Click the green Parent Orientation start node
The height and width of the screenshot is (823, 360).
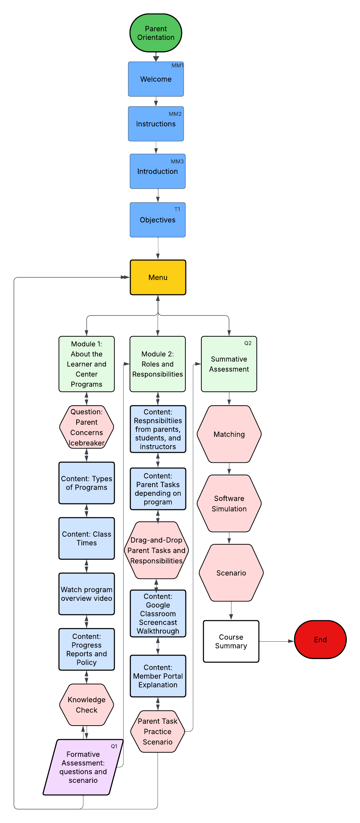pos(156,33)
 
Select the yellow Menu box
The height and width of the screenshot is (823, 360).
pos(158,277)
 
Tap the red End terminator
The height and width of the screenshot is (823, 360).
pos(320,640)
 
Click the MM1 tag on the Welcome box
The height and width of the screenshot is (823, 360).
pos(177,66)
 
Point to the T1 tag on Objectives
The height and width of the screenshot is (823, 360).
pos(177,209)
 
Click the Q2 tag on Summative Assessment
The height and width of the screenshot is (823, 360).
pos(248,343)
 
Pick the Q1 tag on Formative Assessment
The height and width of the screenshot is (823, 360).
pos(114,746)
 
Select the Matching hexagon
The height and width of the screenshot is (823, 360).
pos(229,434)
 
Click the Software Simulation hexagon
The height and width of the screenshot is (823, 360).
pos(229,503)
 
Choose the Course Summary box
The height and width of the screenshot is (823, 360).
pos(231,641)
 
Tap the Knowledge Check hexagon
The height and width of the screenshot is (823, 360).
pos(87,705)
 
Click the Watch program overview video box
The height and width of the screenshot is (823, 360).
pos(87,594)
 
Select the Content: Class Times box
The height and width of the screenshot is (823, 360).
pos(87,538)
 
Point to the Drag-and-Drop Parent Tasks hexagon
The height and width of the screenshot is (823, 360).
pos(156,550)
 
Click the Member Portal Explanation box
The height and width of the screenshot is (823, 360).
pos(158,676)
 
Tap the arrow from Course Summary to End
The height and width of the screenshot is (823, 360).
pos(276,641)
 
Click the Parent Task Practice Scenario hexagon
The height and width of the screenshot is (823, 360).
pos(158,731)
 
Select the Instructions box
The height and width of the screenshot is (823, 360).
pos(156,124)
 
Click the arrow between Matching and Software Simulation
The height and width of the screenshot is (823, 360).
pos(229,469)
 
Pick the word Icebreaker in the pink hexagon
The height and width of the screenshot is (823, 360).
pos(87,443)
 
